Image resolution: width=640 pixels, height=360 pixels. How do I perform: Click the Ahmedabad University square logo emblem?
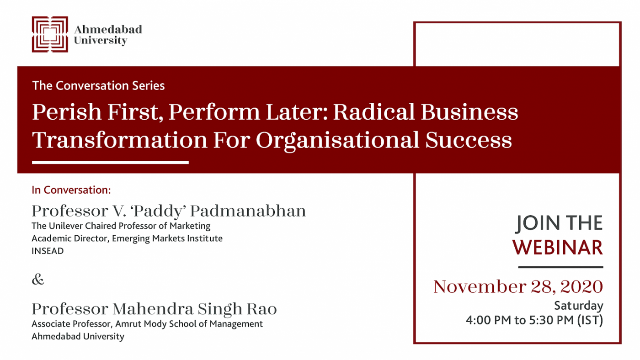pos(50,34)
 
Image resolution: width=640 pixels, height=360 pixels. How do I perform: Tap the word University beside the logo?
pos(100,41)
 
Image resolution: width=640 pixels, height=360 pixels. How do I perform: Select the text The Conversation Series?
pos(99,85)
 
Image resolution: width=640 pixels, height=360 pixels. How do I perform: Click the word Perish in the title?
pos(67,111)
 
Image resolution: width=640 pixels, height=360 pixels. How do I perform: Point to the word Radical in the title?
pos(374,111)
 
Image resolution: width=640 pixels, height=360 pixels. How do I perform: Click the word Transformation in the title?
pos(120,140)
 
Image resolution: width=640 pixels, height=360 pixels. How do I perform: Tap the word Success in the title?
pos(469,140)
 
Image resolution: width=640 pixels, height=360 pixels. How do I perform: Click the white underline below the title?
pos(110,163)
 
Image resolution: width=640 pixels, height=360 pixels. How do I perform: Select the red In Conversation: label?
pos(71,190)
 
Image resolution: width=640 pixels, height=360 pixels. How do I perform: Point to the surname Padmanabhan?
pos(248,211)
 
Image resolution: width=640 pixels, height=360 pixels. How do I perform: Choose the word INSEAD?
pos(48,251)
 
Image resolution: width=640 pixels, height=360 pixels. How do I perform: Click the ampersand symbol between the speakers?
pos(38,279)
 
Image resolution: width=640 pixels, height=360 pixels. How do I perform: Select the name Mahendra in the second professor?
pos(153,309)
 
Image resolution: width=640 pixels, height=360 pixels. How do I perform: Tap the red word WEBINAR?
pos(557,248)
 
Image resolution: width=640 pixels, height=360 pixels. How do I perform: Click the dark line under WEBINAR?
pos(560,267)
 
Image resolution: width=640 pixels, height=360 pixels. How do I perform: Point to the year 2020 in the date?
pos(581,286)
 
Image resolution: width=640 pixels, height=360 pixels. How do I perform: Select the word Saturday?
pos(579,306)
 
